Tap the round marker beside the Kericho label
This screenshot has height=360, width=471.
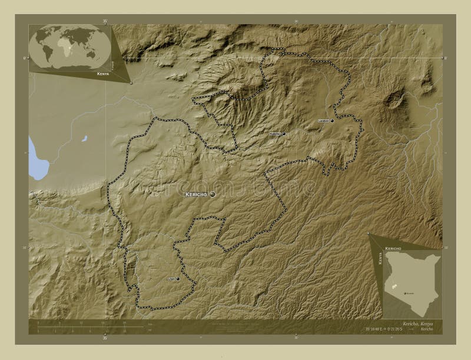tap(212, 194)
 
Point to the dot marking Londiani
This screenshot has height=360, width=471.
tap(332, 121)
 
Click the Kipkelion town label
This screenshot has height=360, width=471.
tap(275, 134)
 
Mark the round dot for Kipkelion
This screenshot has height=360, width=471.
tap(284, 134)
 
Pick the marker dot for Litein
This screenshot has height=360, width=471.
tap(177, 279)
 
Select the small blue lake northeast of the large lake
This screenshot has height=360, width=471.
tap(85, 139)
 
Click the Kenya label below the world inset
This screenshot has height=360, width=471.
tap(103, 75)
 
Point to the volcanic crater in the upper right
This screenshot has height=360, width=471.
tap(394, 100)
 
